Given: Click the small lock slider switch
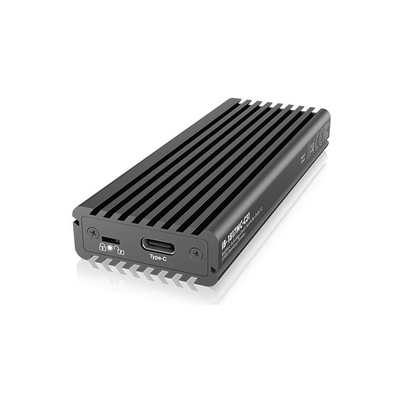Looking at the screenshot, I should coord(109,237).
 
